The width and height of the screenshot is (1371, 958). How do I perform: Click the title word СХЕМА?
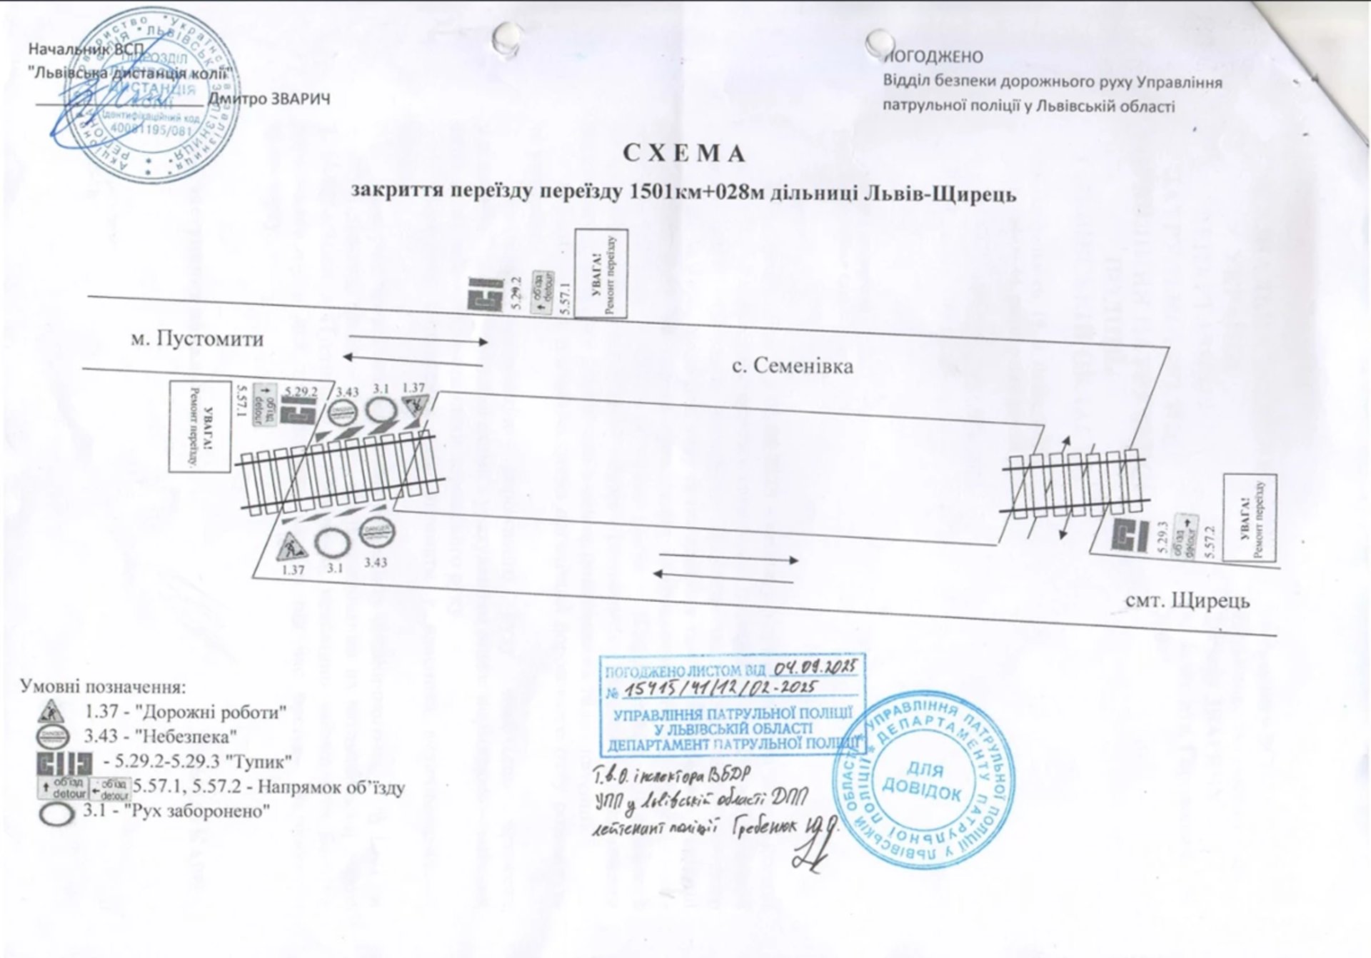click(x=684, y=154)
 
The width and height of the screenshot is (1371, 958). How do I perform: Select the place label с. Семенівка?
click(x=793, y=366)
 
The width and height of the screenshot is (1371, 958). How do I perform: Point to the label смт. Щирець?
click(x=1187, y=600)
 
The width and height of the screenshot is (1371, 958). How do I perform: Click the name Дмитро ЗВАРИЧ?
click(x=269, y=99)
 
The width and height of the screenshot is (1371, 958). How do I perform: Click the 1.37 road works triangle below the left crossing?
click(x=291, y=547)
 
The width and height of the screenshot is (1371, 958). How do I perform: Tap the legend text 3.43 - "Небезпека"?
click(x=161, y=736)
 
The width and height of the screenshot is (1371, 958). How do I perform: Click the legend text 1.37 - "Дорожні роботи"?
click(x=186, y=712)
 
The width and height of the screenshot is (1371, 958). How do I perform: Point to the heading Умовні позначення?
click(x=103, y=687)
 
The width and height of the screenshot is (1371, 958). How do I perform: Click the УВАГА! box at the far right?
click(x=1250, y=518)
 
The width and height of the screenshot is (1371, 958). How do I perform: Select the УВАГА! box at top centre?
click(x=601, y=273)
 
